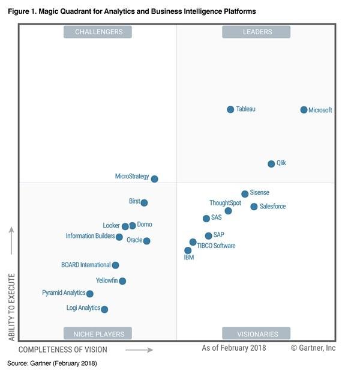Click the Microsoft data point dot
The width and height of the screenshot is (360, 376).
coord(304,110)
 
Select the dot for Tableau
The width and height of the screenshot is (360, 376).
coord(230,109)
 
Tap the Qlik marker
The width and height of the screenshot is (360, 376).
coord(271,164)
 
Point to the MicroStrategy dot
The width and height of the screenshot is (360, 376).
coord(154,179)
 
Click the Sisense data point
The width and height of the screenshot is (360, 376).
coord(245,194)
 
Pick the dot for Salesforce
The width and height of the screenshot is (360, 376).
coord(254,207)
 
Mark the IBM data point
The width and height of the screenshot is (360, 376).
coord(188,250)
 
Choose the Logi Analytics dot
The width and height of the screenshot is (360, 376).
coord(104,309)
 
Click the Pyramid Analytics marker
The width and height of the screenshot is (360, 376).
coord(90,294)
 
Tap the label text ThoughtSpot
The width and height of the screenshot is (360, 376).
coord(225,203)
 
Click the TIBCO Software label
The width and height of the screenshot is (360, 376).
coord(216,246)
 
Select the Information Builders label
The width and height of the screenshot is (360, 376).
coord(90,236)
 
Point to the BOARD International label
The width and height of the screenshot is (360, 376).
coord(86,265)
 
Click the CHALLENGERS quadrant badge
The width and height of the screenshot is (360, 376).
coord(98,32)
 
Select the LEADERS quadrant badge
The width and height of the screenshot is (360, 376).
coord(257,32)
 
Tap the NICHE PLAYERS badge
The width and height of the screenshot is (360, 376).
coord(98,334)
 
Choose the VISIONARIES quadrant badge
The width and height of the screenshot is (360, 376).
coord(257,334)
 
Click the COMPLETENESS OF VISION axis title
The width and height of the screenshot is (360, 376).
coord(63,350)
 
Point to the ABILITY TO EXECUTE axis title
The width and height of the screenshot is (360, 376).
coord(12,308)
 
